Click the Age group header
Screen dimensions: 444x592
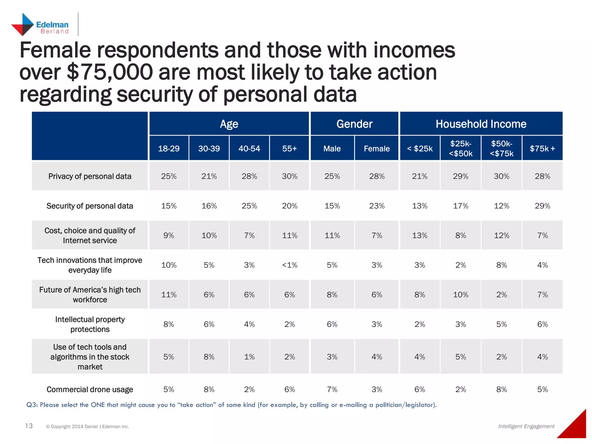coord(229,124)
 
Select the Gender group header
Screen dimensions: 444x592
coord(354,124)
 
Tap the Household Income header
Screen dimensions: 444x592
coord(481,124)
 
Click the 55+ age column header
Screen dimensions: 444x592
coord(289,149)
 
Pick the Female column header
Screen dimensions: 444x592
coord(376,149)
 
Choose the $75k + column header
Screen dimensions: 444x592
coord(542,149)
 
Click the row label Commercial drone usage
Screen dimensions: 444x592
coord(90,389)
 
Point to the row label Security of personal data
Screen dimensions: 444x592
coord(90,206)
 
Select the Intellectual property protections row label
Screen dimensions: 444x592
coord(90,324)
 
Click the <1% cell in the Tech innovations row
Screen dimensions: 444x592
coord(289,265)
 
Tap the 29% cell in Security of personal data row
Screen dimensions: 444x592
coord(542,206)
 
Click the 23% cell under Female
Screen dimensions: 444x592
coord(376,206)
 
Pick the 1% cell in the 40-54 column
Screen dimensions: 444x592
coord(249,357)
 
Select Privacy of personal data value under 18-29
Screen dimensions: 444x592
coord(169,176)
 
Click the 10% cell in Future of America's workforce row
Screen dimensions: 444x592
coord(460,295)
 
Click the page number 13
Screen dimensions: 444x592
coord(29,426)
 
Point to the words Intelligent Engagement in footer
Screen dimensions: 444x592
coord(526,426)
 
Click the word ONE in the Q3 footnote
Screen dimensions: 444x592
coord(98,405)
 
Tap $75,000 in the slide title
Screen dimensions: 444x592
coord(110,72)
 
